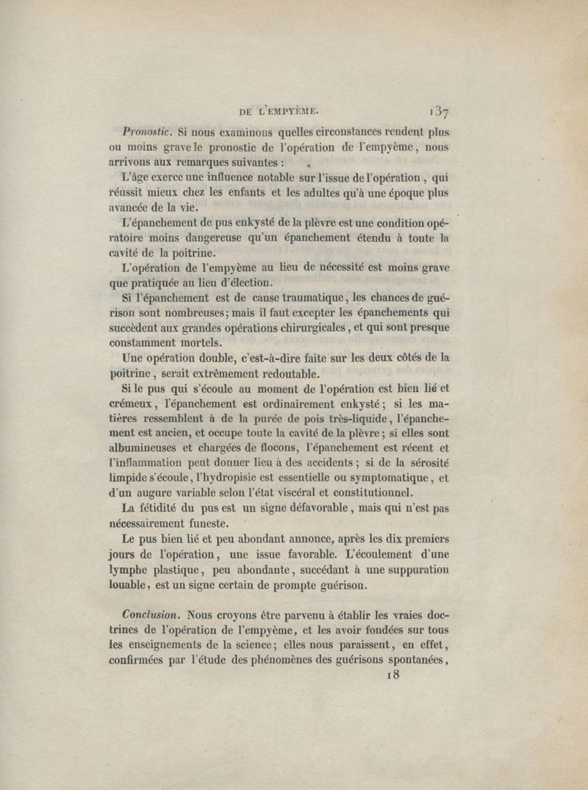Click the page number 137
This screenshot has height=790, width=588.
pos(440,111)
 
